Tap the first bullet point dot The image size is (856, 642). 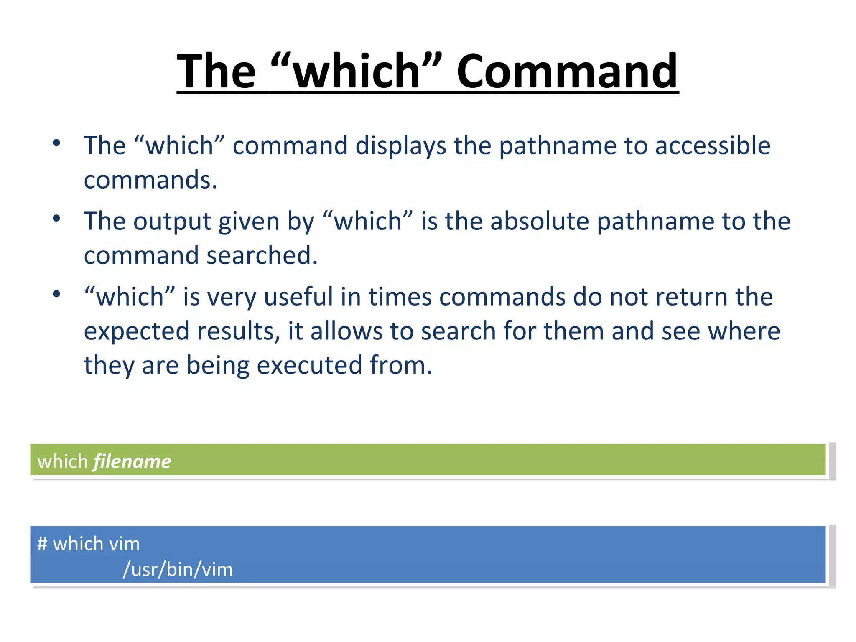click(x=56, y=143)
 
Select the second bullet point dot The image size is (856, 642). click(x=56, y=219)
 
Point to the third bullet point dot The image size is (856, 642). click(x=56, y=294)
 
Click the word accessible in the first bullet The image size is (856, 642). click(x=713, y=145)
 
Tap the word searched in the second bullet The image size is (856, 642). click(x=262, y=255)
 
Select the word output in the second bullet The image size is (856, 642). click(x=172, y=222)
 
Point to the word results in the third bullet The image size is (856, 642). click(x=238, y=331)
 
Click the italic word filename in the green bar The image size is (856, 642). click(x=132, y=462)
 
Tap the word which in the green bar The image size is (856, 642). click(x=63, y=462)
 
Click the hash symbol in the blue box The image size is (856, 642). click(x=42, y=544)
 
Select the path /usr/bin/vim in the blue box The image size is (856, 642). click(x=178, y=569)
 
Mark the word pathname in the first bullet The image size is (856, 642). click(x=558, y=146)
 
